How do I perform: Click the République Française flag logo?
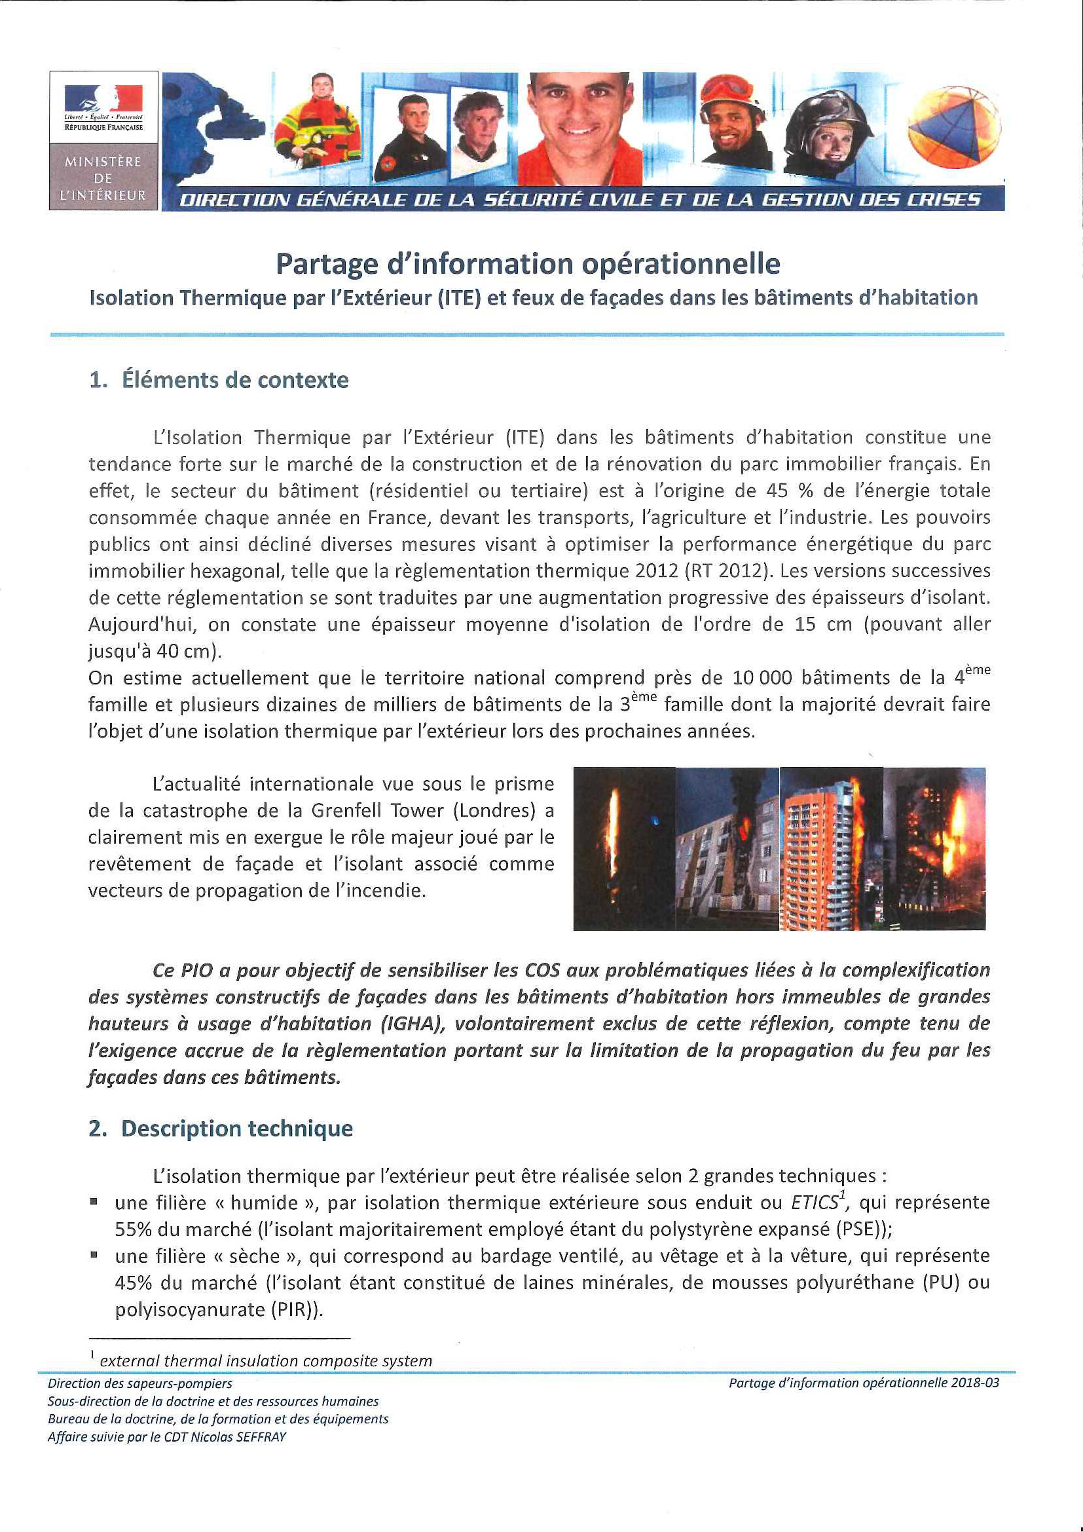(x=103, y=107)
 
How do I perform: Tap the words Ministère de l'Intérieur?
(x=103, y=178)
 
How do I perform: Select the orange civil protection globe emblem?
(x=953, y=127)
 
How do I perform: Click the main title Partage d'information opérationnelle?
(x=528, y=263)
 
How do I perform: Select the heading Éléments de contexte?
(x=235, y=380)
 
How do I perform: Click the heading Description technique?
(x=237, y=1129)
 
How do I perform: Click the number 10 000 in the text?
(x=762, y=678)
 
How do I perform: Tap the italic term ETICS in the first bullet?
(x=815, y=1203)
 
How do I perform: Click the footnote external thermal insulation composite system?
(x=265, y=1360)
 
